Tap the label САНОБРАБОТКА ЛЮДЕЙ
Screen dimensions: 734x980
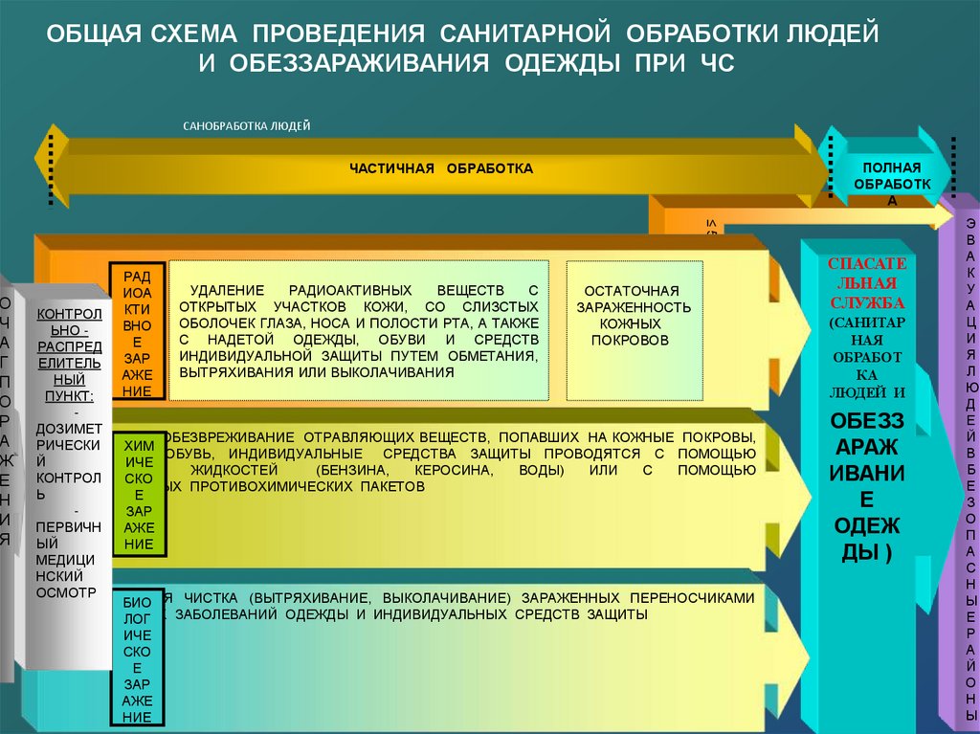tap(247, 126)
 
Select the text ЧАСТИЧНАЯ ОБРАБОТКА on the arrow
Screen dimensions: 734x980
tap(440, 168)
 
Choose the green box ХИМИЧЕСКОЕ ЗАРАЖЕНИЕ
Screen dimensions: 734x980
tap(137, 494)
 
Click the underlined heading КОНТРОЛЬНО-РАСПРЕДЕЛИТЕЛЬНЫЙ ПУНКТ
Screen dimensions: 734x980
tap(67, 354)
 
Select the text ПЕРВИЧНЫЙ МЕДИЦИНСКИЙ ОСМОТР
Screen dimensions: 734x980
tap(66, 559)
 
